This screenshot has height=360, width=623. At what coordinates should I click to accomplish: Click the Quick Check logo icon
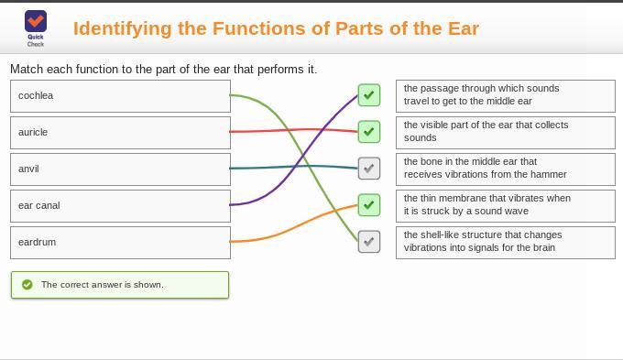36,22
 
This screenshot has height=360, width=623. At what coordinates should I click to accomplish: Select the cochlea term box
120,96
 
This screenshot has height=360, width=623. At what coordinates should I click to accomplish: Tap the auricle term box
120,133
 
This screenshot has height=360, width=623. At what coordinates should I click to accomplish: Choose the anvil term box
120,169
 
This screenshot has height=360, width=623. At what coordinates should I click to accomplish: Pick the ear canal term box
120,206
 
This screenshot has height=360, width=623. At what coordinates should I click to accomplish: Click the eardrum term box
120,243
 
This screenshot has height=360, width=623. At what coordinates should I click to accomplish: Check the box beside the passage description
368,95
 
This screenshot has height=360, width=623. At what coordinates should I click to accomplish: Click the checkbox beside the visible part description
368,132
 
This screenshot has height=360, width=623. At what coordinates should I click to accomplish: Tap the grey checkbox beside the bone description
368,169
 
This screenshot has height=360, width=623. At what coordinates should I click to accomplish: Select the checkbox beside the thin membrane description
368,205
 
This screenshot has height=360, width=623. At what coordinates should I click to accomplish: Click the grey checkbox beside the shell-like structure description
368,242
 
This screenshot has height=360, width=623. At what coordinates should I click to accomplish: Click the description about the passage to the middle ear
505,95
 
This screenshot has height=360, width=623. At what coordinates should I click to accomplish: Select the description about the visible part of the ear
505,132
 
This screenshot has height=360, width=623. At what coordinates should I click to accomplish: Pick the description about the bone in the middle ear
505,169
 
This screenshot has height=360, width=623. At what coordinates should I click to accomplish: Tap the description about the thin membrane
505,205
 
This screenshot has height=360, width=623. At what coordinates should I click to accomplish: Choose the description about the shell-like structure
505,242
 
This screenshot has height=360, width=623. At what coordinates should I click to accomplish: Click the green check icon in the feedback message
27,285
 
